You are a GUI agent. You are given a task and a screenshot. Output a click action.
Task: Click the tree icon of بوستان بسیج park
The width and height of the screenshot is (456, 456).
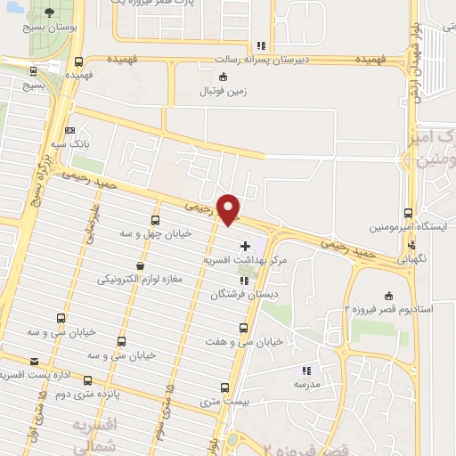[46, 13]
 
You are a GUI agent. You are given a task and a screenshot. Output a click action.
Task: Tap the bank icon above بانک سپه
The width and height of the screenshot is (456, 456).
[70, 130]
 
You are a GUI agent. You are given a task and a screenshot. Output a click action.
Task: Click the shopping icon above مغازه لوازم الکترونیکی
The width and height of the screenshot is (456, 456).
[139, 265]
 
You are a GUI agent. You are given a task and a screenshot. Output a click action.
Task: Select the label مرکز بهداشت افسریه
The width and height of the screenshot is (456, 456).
[241, 260]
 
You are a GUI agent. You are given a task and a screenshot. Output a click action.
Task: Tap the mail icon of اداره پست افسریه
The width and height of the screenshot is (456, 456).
[35, 361]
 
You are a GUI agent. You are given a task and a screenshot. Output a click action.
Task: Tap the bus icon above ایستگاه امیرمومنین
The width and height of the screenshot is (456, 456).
[408, 213]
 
